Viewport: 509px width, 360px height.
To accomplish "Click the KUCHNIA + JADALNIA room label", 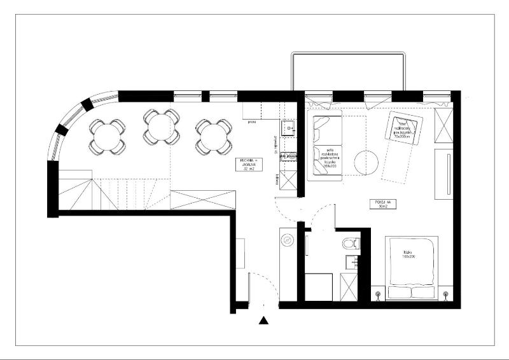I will (248, 165).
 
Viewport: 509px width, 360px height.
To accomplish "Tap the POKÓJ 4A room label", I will (382, 204).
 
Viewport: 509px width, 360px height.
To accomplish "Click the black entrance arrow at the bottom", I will (264, 321).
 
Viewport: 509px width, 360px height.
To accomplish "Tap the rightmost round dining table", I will (213, 135).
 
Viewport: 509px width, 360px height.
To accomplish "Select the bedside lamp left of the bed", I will (379, 294).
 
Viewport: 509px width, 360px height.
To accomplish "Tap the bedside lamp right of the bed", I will (447, 294).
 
